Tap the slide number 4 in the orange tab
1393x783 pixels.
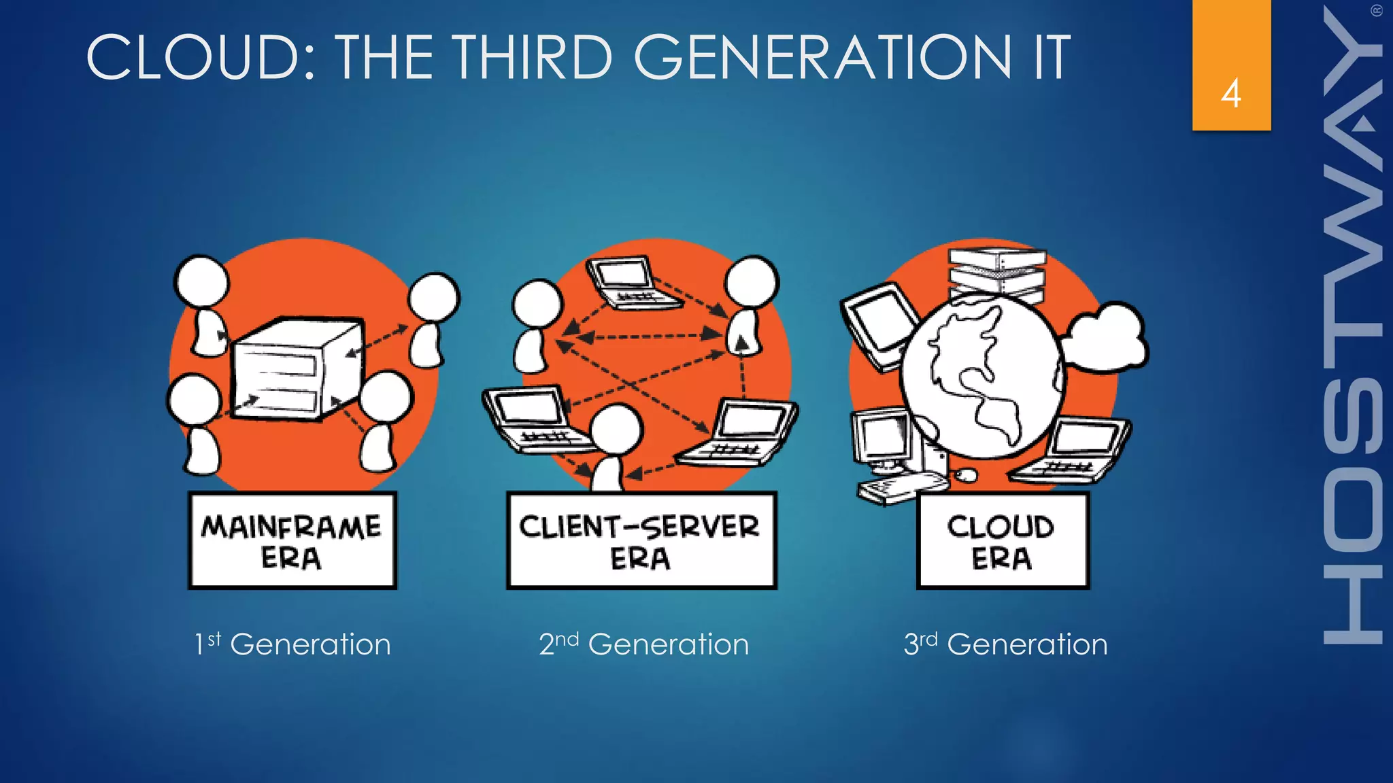[x=1231, y=93]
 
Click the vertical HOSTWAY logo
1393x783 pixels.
[x=1354, y=326]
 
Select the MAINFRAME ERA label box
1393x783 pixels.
[x=292, y=540]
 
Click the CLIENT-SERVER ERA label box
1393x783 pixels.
[x=641, y=540]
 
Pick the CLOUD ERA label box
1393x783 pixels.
[x=1002, y=540]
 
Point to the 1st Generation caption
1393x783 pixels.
[x=292, y=644]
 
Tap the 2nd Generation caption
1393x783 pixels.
[x=643, y=644]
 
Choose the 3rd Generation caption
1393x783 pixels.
[x=1005, y=644]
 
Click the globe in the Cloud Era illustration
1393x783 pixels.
[x=981, y=377]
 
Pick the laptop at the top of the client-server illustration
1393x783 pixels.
[x=630, y=282]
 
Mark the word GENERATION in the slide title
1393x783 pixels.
[x=823, y=57]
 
